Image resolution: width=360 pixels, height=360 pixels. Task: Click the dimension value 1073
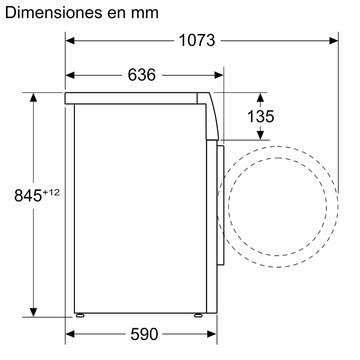(x=197, y=41)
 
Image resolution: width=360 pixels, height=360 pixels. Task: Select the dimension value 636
(x=142, y=75)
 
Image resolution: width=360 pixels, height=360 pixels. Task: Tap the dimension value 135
(x=261, y=116)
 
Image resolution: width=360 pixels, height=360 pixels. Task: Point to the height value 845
(x=28, y=196)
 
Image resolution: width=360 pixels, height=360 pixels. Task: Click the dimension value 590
(x=144, y=334)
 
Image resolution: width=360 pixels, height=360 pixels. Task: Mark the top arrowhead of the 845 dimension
(x=33, y=98)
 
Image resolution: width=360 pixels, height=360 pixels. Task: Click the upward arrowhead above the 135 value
(x=260, y=98)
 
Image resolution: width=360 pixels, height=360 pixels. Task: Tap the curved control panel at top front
(x=210, y=116)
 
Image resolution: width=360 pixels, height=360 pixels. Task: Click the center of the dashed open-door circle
(x=278, y=207)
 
